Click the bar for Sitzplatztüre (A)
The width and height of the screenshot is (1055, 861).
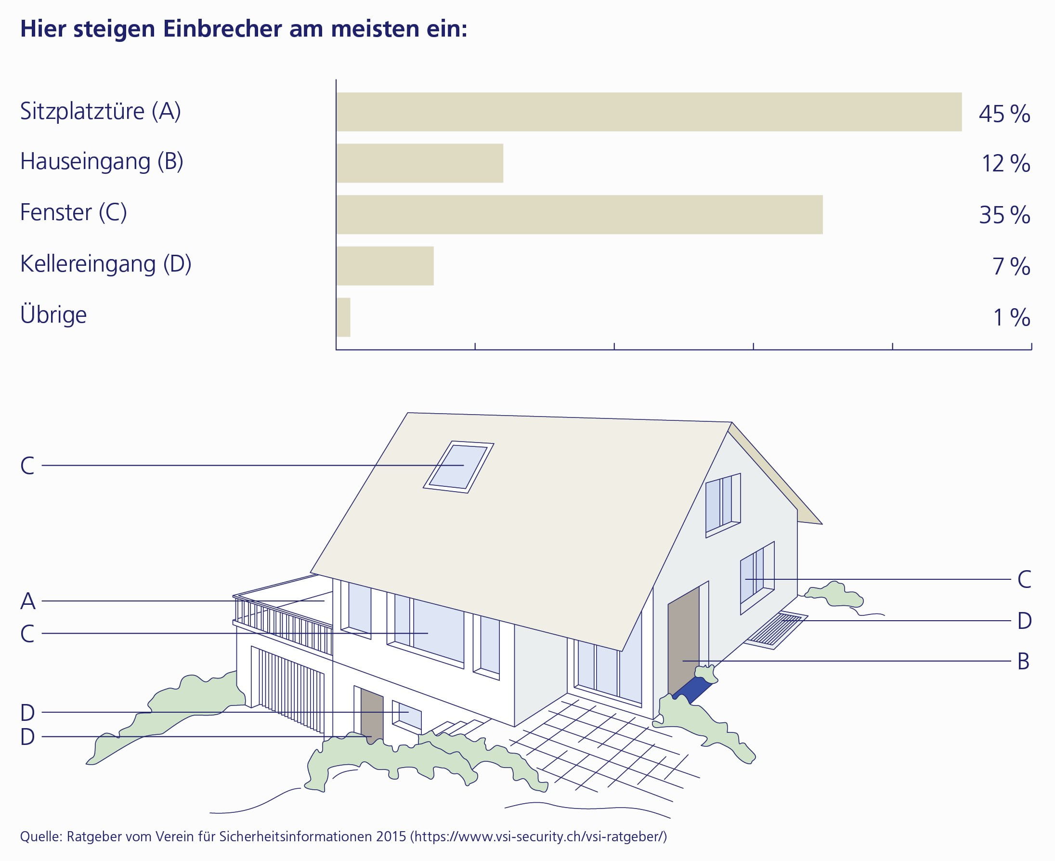[x=649, y=112]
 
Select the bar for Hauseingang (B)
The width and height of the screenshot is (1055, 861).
[x=419, y=163]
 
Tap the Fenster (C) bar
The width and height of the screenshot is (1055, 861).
[x=579, y=214]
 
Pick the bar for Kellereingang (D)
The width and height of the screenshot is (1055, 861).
[x=385, y=266]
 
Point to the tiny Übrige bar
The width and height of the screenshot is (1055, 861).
[x=343, y=317]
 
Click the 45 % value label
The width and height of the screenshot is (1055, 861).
[x=1004, y=114]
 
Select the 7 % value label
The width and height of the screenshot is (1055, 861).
[x=1011, y=266]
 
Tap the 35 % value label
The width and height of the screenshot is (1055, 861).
[x=1004, y=215]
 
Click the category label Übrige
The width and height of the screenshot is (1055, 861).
[x=53, y=314]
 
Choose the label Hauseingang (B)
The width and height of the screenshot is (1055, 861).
[x=102, y=161]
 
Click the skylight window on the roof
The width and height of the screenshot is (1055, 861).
[x=458, y=467]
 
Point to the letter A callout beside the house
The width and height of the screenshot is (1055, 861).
[x=28, y=601]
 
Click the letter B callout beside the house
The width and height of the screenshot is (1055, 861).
[x=1024, y=661]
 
